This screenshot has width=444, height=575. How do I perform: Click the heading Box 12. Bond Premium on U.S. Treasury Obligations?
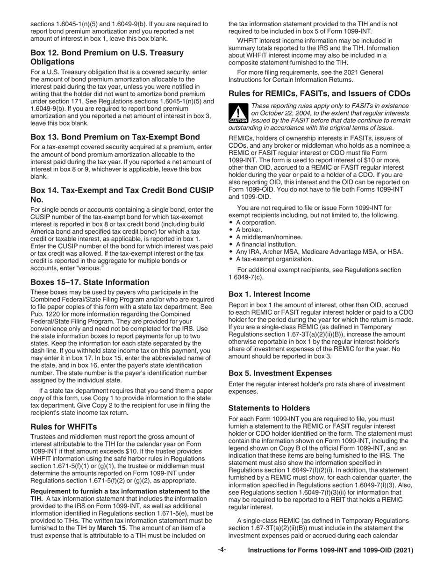(107, 57)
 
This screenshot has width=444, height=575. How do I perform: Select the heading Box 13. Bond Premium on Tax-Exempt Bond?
(115, 137)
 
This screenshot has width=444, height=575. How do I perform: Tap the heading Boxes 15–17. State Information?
(90, 282)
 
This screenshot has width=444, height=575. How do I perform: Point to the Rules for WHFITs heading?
(64, 427)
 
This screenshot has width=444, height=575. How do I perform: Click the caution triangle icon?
(238, 114)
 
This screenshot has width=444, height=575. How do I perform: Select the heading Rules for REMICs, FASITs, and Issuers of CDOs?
(319, 93)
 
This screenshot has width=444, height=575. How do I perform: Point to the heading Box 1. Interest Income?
(269, 294)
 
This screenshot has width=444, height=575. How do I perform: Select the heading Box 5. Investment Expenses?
(280, 373)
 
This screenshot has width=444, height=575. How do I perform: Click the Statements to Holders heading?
(269, 408)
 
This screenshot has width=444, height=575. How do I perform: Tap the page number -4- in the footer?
(222, 550)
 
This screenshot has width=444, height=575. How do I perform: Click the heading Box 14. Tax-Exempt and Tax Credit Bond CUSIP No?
(122, 194)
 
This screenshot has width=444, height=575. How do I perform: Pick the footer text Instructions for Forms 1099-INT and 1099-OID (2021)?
(330, 551)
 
